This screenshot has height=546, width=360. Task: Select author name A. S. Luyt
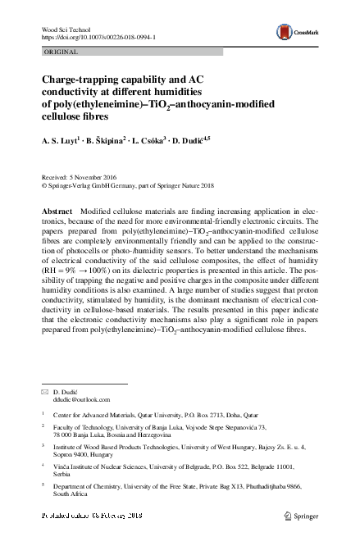61,141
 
